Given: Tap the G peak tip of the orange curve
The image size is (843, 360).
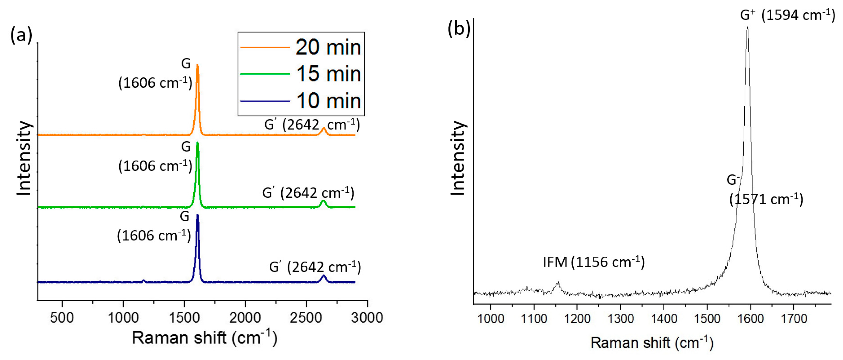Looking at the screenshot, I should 197,65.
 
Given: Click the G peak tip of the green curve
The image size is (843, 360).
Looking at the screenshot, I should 197,143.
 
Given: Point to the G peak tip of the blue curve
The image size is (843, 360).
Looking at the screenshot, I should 197,215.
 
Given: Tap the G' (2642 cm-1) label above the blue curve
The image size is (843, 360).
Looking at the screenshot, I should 315,267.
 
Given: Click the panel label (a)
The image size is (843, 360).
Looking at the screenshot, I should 21,35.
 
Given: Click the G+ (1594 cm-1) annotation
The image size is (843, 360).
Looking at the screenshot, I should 787,15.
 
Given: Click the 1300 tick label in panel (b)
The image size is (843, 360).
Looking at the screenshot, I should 621,318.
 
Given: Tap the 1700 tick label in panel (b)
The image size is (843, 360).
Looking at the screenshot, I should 794,318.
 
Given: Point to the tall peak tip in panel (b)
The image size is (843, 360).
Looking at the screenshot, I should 747,27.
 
